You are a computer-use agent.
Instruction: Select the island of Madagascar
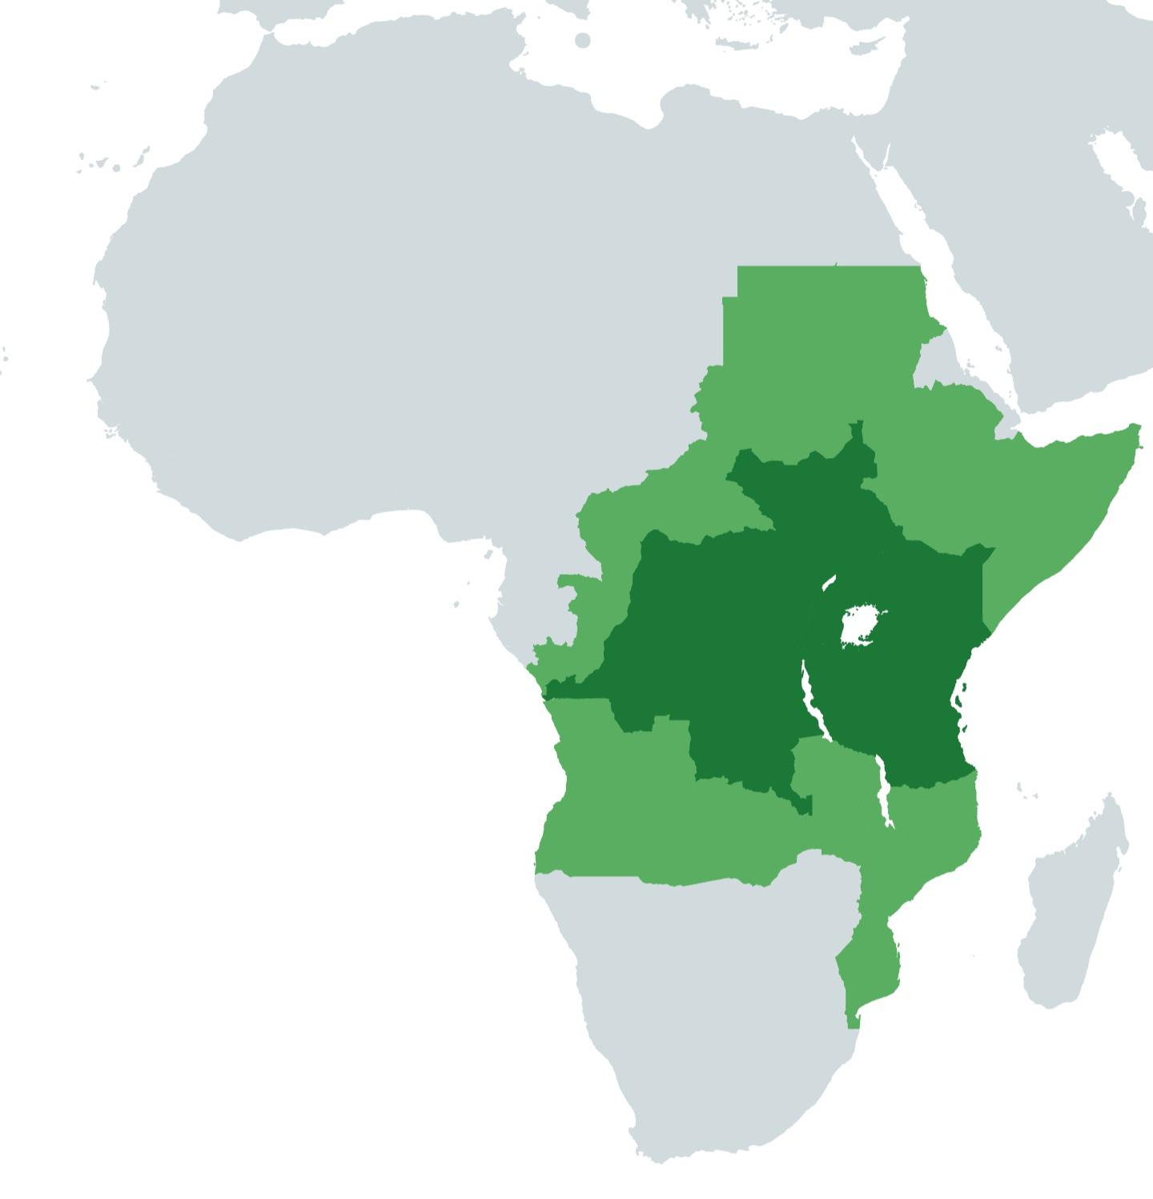pos(1073,904)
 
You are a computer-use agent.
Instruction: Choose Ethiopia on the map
pos(945,456)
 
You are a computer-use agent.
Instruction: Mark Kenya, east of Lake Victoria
pos(937,592)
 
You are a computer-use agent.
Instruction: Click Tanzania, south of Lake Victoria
pos(897,704)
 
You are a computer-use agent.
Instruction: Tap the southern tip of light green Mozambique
pos(854,1021)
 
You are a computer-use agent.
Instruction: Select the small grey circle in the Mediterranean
pos(583,40)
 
